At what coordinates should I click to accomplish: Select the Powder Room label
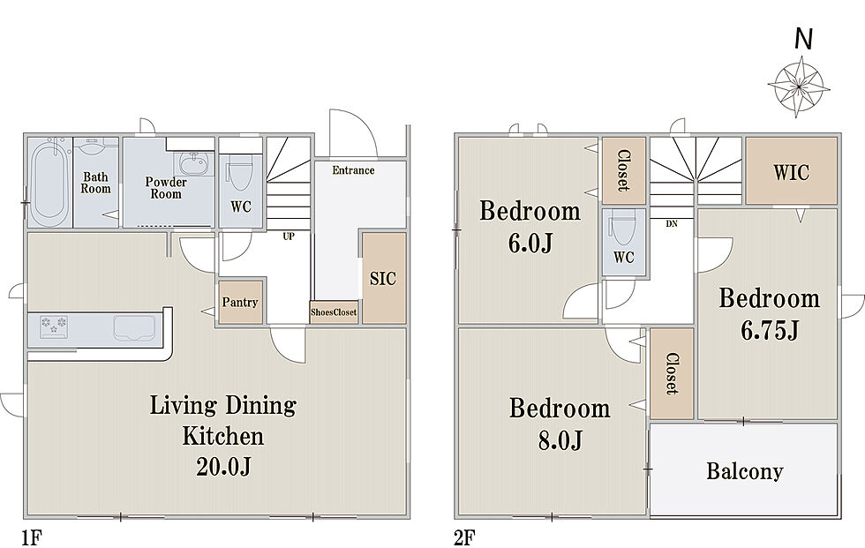[166, 188]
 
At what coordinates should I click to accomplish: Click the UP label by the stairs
[289, 236]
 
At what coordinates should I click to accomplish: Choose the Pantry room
[240, 302]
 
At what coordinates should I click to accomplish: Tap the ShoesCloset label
[334, 312]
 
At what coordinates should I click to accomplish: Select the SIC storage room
[384, 278]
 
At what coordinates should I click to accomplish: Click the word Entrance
[353, 170]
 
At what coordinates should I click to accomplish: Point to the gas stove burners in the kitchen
[54, 326]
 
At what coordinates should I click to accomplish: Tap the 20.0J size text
[223, 468]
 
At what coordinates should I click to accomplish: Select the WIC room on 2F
[791, 171]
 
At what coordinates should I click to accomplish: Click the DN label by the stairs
[672, 224]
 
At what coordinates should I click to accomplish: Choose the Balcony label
[745, 471]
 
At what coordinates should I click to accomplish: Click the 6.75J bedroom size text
[769, 331]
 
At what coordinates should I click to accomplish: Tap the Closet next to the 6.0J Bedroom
[624, 171]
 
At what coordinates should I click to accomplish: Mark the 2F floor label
[464, 537]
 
